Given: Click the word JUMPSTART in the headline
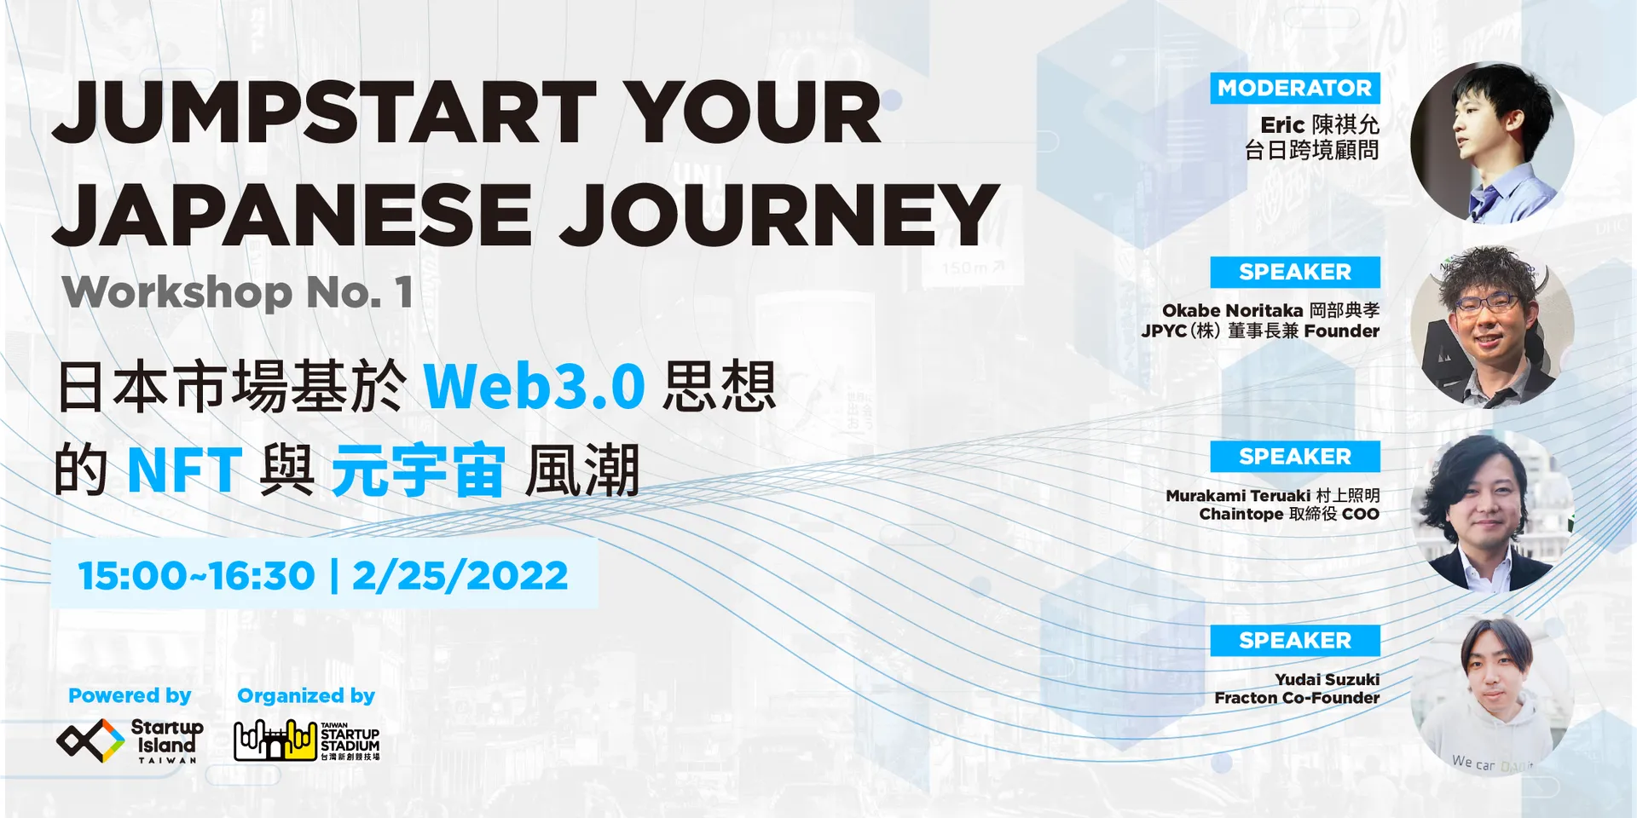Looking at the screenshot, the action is [x=324, y=112].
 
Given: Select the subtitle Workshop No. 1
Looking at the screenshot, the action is [x=238, y=292].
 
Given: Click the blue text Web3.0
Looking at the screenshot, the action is [x=535, y=387].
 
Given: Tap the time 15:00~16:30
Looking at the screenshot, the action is [x=197, y=576].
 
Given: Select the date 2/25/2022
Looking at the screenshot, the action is [x=460, y=576].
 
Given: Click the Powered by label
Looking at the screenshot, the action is [x=130, y=696].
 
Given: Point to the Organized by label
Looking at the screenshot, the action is [x=306, y=696].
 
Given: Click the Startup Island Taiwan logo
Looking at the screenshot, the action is [x=130, y=740].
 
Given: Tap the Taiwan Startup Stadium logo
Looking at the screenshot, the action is [x=307, y=740].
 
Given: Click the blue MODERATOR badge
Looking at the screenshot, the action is [x=1294, y=88].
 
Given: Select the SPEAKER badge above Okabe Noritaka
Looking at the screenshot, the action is [x=1294, y=272].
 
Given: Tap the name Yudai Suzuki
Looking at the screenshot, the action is [x=1327, y=679].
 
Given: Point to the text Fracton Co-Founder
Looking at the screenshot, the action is [x=1297, y=698].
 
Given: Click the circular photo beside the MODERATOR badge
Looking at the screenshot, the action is [x=1492, y=142].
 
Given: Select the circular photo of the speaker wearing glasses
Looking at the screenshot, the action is [x=1492, y=327].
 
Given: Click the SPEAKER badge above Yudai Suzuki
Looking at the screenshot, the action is [x=1294, y=640].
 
